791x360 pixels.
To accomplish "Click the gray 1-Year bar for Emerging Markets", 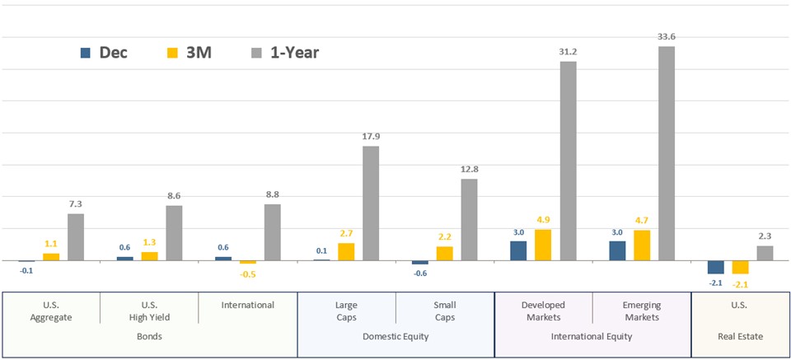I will click(667, 153).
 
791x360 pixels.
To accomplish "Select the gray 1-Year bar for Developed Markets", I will click(568, 161).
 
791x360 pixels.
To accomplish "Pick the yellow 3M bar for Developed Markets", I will click(543, 245).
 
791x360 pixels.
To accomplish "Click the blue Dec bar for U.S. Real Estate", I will click(715, 267).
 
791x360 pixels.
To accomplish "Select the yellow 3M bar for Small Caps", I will click(444, 253).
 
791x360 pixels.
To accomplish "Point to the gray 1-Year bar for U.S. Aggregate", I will click(76, 236).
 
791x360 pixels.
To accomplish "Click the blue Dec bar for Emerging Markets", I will click(617, 250).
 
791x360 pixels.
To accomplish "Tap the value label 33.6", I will click(667, 37).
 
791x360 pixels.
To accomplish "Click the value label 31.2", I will click(568, 52).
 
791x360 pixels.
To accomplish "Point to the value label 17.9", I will click(371, 137).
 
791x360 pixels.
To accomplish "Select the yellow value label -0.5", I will click(248, 274).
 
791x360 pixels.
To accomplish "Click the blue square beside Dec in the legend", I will click(85, 53).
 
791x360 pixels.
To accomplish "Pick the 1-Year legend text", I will click(294, 53).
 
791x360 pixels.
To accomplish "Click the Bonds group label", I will click(149, 336).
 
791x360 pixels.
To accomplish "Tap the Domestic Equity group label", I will click(395, 336).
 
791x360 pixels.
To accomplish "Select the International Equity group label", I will click(592, 336).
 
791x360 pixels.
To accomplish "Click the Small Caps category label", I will click(445, 311).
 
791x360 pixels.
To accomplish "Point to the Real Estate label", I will click(740, 336).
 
